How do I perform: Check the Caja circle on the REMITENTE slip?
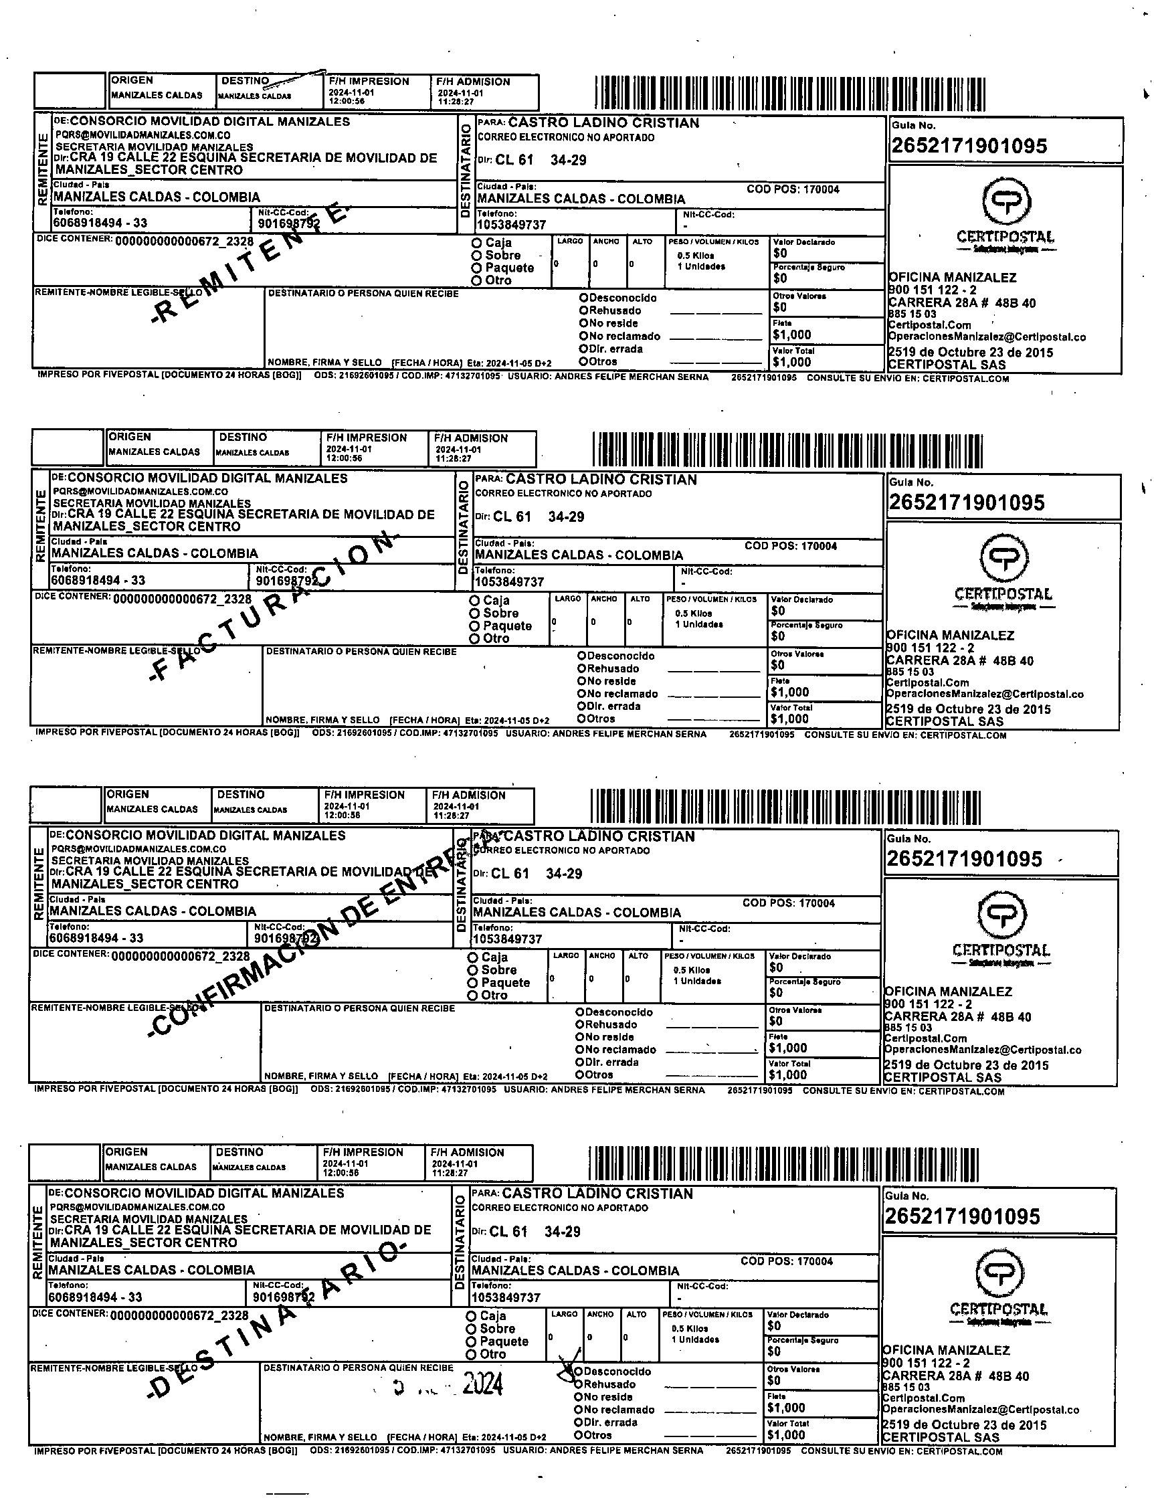click(476, 243)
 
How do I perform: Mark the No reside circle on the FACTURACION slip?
click(581, 681)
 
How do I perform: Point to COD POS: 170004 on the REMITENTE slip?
click(793, 189)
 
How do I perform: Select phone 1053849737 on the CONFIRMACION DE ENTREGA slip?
click(507, 939)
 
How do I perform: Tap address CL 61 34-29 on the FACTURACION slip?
click(539, 517)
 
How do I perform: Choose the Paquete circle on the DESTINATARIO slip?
click(471, 1341)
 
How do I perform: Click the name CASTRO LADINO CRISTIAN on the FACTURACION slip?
click(601, 480)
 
